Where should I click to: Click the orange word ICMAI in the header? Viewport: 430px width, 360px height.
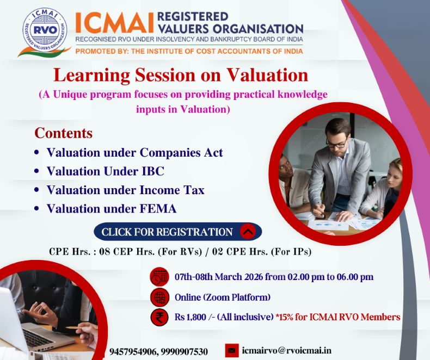coord(114,22)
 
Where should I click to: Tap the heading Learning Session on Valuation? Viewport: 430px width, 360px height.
coord(180,75)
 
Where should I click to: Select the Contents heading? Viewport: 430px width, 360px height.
coord(63,133)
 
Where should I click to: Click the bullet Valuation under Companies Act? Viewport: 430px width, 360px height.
coord(134,152)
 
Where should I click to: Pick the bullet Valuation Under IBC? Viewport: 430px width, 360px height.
coord(105,171)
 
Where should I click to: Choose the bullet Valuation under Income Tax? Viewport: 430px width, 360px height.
coord(125,190)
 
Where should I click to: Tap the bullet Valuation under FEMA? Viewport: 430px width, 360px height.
coord(111,208)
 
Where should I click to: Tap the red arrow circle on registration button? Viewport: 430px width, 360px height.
coord(248,232)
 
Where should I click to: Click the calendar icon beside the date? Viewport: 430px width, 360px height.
coord(159,277)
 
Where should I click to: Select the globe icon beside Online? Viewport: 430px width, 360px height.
coord(159,297)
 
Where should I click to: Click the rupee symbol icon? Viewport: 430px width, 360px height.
coord(159,317)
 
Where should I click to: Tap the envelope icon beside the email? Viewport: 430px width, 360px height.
coord(232,351)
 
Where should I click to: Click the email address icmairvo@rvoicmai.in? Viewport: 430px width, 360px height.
coord(286,351)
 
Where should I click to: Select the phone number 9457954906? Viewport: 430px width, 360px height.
coord(132,352)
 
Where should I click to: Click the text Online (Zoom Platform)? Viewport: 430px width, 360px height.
coord(222,297)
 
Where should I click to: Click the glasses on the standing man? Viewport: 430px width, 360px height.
coord(336,142)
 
